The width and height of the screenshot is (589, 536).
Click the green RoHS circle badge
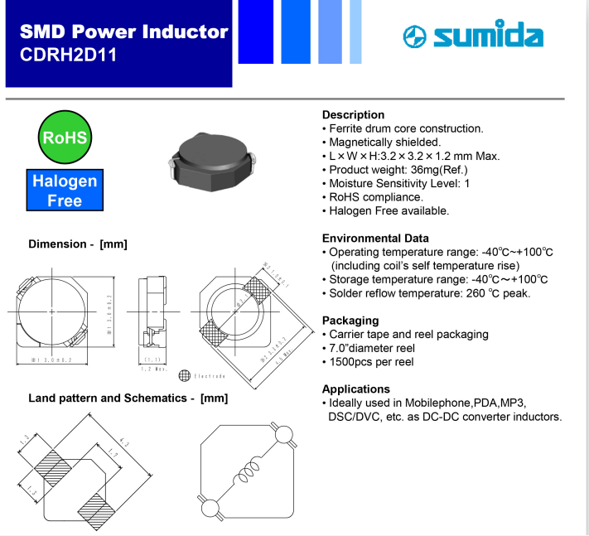click(65, 138)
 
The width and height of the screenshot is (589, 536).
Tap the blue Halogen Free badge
click(65, 190)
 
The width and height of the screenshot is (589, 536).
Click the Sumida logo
click(472, 36)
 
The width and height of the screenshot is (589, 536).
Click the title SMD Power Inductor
click(123, 32)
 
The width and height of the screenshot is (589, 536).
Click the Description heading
click(353, 115)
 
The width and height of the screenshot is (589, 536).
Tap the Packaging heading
click(350, 321)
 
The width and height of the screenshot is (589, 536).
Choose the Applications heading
click(355, 389)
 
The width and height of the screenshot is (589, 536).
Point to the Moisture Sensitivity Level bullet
click(398, 183)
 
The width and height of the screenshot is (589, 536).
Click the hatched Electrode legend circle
click(185, 375)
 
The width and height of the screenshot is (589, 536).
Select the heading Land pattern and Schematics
click(128, 398)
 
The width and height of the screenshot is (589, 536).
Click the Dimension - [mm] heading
click(77, 244)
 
